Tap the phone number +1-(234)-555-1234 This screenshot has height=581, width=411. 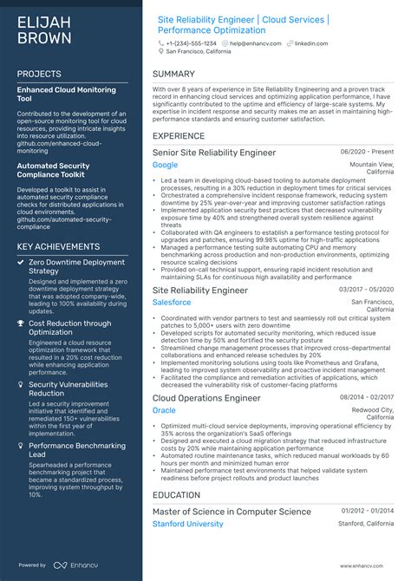tap(192, 42)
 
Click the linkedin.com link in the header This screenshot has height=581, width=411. tap(310, 42)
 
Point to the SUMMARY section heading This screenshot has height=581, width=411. tap(173, 75)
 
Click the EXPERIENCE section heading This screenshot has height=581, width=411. tap(179, 136)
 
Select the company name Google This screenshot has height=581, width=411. tap(165, 165)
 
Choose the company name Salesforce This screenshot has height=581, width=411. tap(172, 303)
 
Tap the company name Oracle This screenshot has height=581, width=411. tap(164, 410)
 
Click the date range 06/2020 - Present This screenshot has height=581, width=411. tap(367, 152)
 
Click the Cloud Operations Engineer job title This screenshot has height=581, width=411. tap(206, 398)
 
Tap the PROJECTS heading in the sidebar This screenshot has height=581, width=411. tap(39, 75)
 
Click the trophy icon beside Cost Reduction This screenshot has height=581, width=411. tap(21, 323)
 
